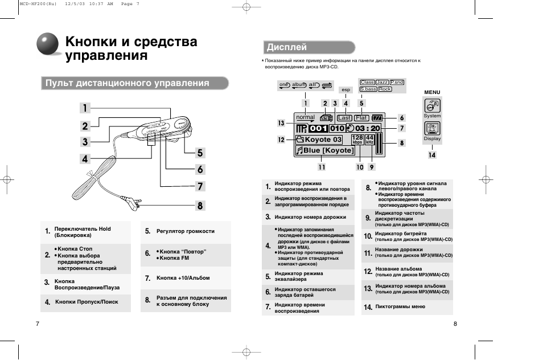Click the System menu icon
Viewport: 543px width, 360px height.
click(x=432, y=105)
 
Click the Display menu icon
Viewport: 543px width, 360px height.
click(x=432, y=129)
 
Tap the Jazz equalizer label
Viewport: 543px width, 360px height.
click(x=382, y=83)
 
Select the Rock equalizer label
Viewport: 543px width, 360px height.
click(x=385, y=89)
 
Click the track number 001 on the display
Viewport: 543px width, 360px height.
click(x=319, y=129)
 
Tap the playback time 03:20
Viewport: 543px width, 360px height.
click(x=367, y=129)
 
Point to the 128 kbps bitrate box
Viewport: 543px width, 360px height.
click(x=357, y=140)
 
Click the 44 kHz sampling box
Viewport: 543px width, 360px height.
click(x=369, y=140)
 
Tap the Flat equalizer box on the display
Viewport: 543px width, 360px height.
click(x=362, y=118)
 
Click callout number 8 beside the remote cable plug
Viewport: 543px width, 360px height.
click(x=200, y=206)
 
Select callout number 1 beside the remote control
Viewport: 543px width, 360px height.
click(x=84, y=108)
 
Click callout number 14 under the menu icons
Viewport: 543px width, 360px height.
click(x=432, y=154)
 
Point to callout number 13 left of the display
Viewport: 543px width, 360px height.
click(x=281, y=123)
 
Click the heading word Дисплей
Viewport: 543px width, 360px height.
click(x=287, y=47)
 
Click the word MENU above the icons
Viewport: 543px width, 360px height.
click(x=433, y=92)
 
